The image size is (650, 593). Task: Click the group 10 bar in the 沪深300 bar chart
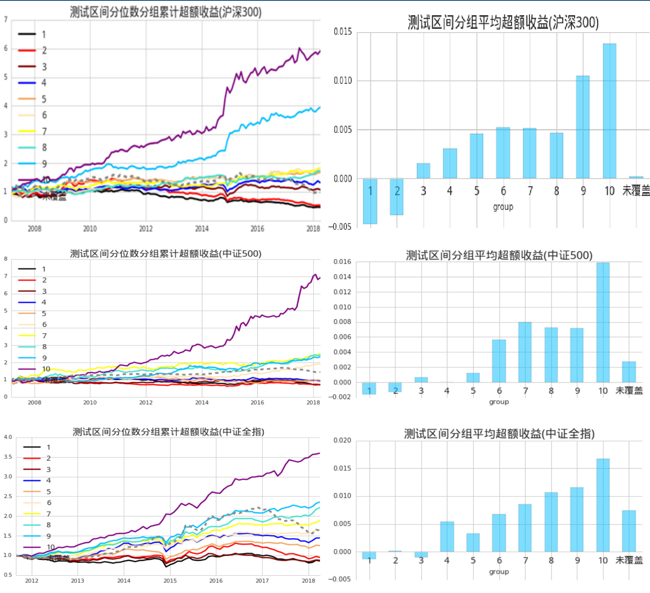[609, 111]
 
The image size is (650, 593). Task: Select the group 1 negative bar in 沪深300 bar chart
[370, 201]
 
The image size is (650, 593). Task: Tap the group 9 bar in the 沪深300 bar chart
[583, 127]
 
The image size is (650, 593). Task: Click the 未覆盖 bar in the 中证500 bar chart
[629, 372]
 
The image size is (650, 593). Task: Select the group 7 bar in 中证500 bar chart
[525, 352]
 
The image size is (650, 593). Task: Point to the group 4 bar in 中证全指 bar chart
[447, 537]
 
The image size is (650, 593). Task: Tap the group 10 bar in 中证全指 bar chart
[603, 505]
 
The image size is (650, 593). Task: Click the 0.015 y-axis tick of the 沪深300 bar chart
[343, 32]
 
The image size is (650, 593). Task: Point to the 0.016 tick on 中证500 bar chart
[342, 262]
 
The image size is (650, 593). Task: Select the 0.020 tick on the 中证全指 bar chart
[342, 440]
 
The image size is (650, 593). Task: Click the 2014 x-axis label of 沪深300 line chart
[202, 229]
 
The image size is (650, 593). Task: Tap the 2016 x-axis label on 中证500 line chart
[257, 403]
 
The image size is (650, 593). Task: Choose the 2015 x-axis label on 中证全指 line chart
[170, 581]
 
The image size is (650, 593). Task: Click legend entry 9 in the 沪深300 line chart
[44, 164]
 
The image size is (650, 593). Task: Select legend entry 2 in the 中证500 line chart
[44, 280]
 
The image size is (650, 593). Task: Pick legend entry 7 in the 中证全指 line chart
[49, 514]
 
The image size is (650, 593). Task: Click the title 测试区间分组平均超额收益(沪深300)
[503, 22]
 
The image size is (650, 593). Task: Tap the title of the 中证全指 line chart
[168, 432]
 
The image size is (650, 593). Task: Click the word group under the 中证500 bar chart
[499, 402]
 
